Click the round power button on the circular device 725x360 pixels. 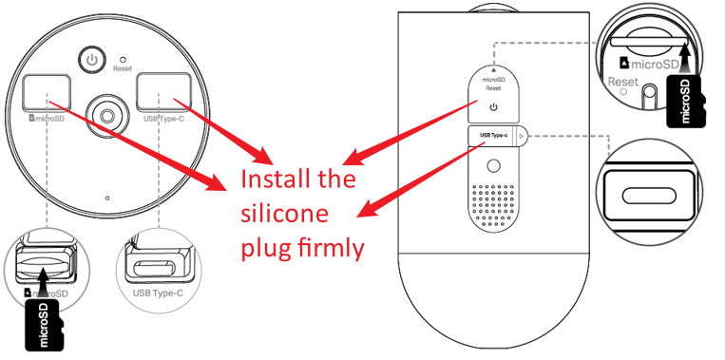[92, 59]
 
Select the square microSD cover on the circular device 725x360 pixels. [44, 93]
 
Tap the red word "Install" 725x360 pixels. [275, 180]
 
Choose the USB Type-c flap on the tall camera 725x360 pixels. [494, 137]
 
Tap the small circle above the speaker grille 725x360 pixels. [493, 164]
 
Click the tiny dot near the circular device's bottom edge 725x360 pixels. [108, 198]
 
